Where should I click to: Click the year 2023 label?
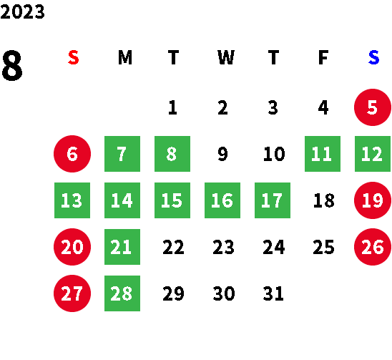coord(22,12)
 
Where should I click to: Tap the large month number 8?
coord(12,66)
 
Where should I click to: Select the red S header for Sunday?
coord(74,57)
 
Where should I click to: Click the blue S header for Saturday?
coord(373,57)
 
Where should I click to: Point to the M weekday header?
coord(125,57)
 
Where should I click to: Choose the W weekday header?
coord(226,57)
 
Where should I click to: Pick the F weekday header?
coord(323,57)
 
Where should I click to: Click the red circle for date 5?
coord(373,107)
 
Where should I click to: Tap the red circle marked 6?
coord(72,154)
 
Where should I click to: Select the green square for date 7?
coord(122,154)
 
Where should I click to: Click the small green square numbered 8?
coord(172,154)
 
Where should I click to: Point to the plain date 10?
coord(274,154)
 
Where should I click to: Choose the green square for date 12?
coord(373,154)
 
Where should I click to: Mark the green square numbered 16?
coord(222,200)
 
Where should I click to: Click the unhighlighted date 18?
coord(324,200)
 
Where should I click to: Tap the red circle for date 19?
coord(373,200)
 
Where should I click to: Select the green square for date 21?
coord(122,247)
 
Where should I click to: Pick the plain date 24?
coord(273,247)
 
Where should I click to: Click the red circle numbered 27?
coord(72,293)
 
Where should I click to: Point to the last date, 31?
coord(273,293)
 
